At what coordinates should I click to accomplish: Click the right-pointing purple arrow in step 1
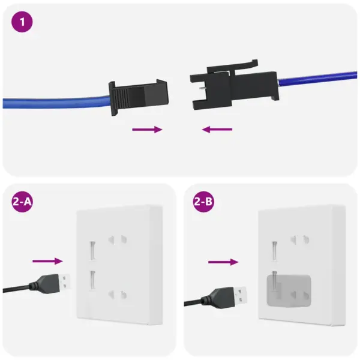(147, 129)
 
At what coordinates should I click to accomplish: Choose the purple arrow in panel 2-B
(223, 262)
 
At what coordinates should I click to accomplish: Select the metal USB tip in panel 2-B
(241, 295)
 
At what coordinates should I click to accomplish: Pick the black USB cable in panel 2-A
(18, 289)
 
